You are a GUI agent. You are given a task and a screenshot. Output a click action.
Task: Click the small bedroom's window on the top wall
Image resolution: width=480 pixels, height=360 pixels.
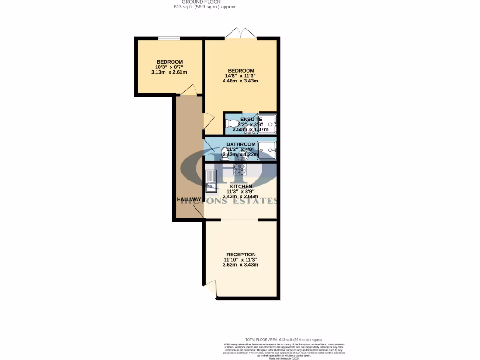pos(169,38)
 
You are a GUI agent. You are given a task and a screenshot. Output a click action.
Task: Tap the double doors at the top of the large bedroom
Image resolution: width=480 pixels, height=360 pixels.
pos(240,34)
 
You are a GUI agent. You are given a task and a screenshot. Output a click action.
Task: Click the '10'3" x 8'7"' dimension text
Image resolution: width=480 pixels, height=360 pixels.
pos(169,67)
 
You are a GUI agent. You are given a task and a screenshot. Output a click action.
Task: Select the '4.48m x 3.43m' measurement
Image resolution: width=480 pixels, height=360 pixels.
pos(240,81)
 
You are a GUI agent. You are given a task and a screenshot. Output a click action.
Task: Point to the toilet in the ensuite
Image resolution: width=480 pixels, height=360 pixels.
pos(232,124)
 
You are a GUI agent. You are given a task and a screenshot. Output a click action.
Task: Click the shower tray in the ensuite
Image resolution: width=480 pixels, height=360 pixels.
pos(268,124)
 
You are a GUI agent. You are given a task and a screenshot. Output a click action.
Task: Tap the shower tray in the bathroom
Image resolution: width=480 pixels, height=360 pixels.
pos(268,150)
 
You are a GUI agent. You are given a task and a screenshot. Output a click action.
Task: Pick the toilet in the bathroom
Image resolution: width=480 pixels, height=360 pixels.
pos(225,153)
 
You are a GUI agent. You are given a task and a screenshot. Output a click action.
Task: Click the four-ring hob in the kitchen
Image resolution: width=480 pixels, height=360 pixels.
pos(240,169)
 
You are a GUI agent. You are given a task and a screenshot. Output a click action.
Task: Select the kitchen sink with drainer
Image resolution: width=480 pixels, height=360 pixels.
pos(211,181)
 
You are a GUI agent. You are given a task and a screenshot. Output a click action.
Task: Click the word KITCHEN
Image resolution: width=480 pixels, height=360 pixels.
pos(240,186)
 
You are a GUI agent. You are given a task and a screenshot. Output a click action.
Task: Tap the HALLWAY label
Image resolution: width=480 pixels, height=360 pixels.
pos(189,199)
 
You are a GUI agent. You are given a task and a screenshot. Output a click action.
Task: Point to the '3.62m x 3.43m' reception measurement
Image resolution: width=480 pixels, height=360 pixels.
pos(240,265)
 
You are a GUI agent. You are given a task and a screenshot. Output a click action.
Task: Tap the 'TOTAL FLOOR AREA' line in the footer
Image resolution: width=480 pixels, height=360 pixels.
pos(284,339)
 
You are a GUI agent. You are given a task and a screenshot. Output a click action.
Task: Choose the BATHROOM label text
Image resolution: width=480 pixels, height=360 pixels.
pos(241,144)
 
